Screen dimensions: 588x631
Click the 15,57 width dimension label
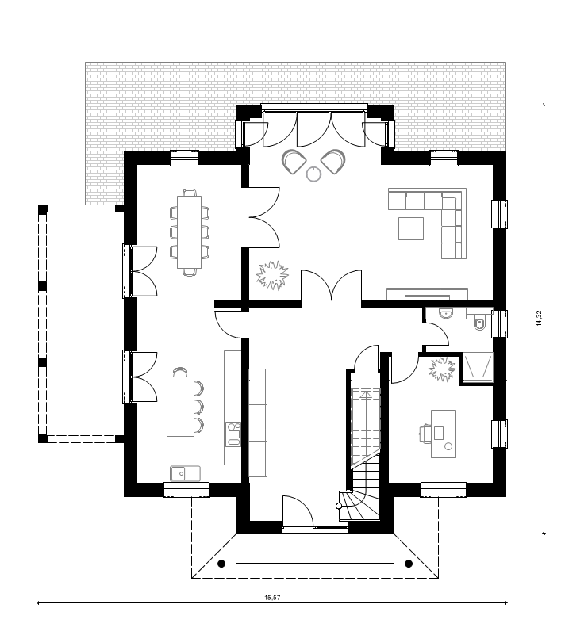[272, 597]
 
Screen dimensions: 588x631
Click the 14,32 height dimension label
[540, 319]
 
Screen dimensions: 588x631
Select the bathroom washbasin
[446, 313]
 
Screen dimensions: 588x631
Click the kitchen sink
[185, 473]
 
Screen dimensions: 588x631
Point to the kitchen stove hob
[233, 434]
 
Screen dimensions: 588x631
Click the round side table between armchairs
[313, 174]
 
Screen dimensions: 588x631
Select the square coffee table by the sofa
[411, 228]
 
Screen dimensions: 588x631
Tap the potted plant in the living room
[273, 275]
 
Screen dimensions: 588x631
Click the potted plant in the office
[442, 369]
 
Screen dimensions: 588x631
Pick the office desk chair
[425, 433]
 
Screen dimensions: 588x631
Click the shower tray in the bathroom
[478, 367]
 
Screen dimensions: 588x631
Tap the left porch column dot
[221, 564]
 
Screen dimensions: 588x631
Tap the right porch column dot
[409, 564]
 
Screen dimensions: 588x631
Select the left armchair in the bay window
[294, 162]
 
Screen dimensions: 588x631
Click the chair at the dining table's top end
[190, 193]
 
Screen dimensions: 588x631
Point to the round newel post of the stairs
[339, 506]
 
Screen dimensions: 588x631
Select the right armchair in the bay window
[333, 162]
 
